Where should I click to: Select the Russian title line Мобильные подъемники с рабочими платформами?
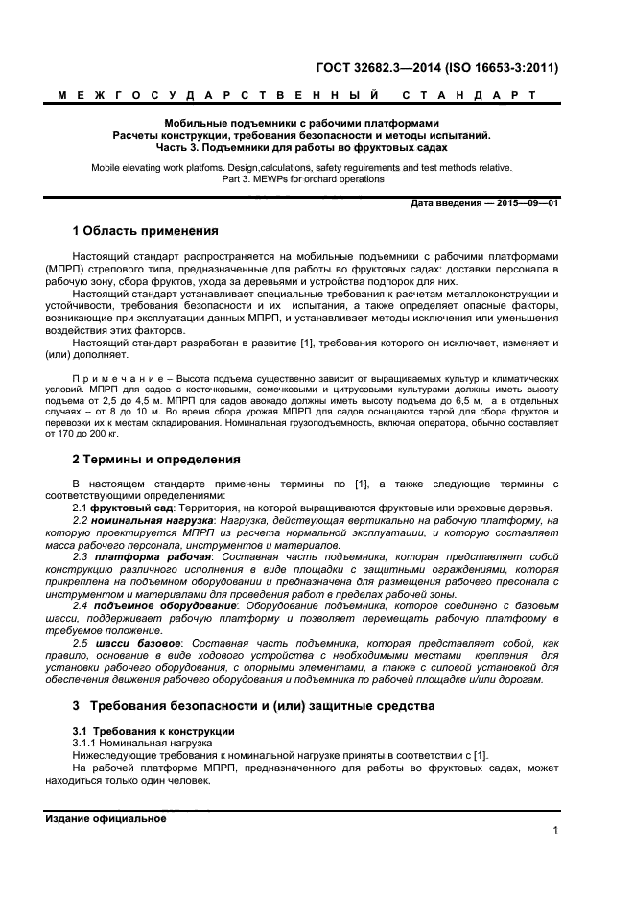tap(301, 124)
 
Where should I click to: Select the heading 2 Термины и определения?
tap(156, 460)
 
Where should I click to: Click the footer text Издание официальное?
tap(106, 818)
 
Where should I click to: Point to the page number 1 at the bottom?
tap(555, 832)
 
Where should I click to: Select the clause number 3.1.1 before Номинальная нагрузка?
tap(86, 744)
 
